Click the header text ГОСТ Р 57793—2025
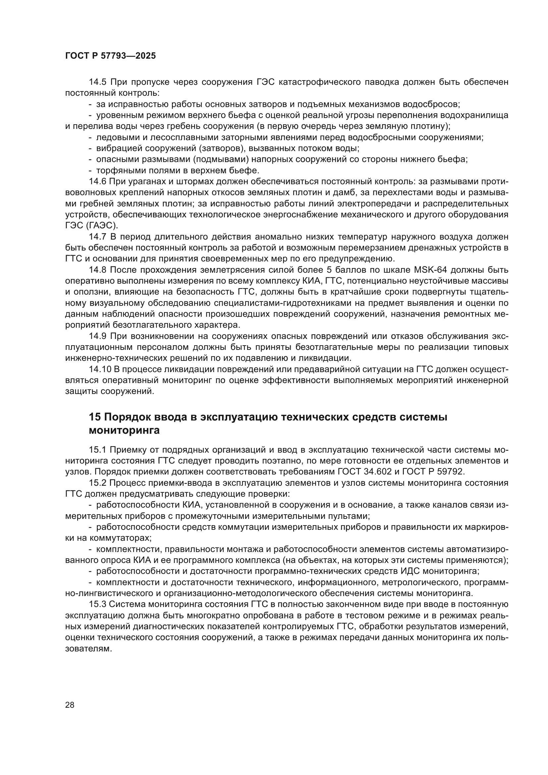(110, 56)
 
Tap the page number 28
(70, 705)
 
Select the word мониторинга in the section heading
(124, 431)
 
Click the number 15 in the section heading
(95, 417)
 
